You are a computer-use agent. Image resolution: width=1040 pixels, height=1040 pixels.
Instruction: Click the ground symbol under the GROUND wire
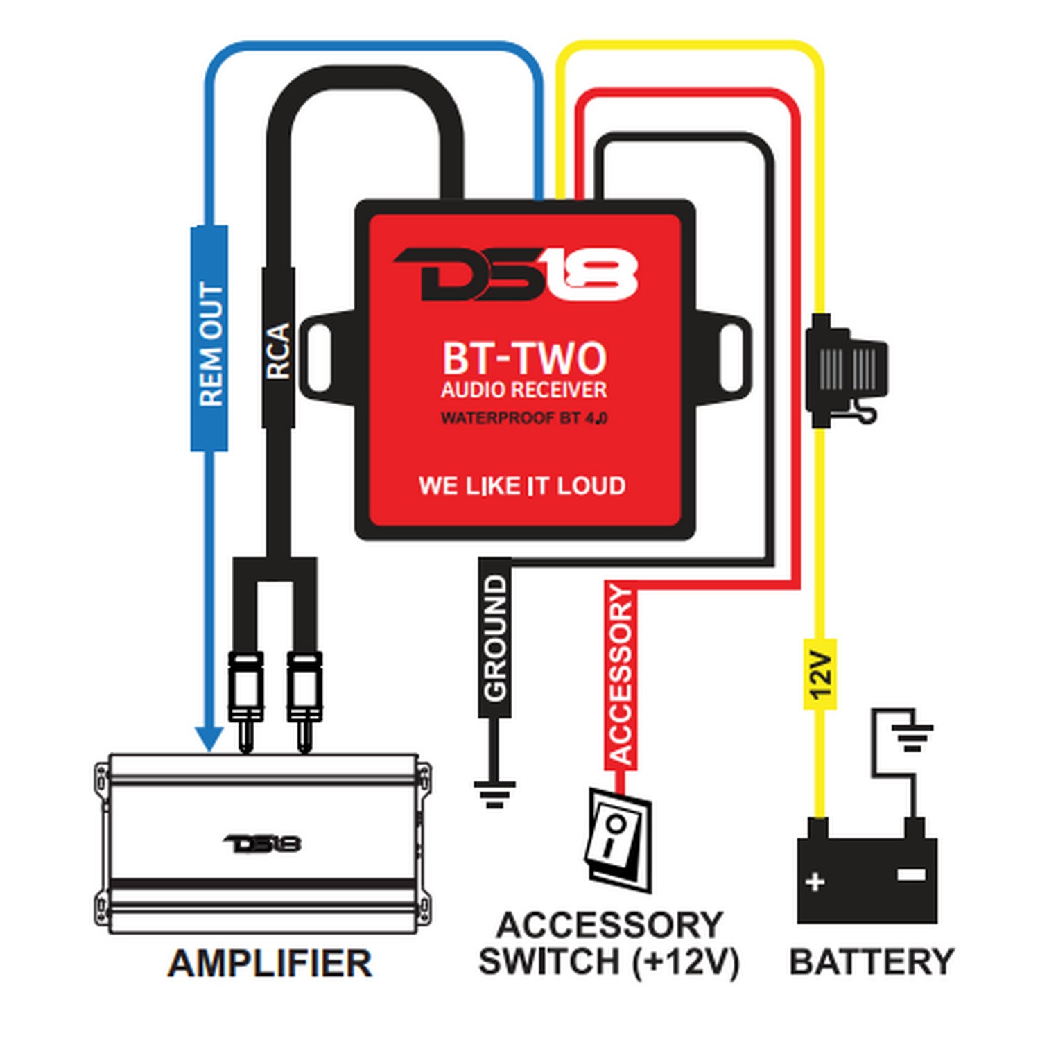point(494,793)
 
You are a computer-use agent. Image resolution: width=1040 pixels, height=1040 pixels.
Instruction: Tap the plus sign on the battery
point(815,882)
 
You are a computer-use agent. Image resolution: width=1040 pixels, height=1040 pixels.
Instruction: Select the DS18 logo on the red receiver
point(517,275)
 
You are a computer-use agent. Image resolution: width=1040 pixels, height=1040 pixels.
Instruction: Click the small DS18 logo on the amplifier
point(263,844)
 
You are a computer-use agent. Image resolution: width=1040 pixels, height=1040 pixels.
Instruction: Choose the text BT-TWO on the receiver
point(524,358)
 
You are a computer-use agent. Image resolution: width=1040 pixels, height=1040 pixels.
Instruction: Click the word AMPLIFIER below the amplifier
point(270,963)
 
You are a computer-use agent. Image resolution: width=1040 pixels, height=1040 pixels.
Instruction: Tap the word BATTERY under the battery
point(872,962)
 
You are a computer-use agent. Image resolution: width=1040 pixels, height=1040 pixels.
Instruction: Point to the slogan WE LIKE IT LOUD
point(522,486)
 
